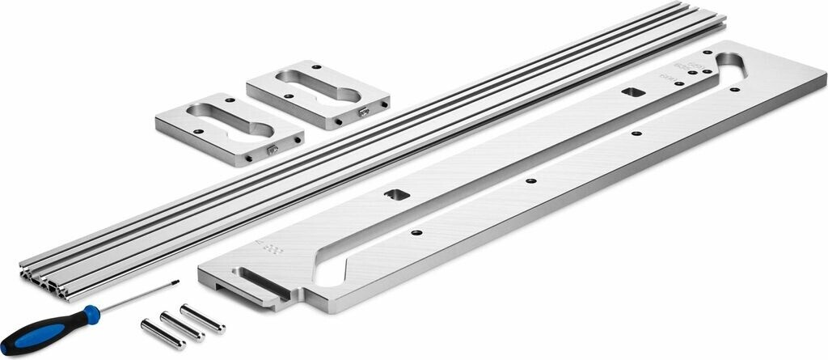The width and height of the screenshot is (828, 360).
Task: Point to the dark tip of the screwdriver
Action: (175, 282)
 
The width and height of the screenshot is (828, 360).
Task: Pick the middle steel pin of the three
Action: (181, 326)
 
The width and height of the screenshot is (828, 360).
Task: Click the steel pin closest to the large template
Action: (201, 318)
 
